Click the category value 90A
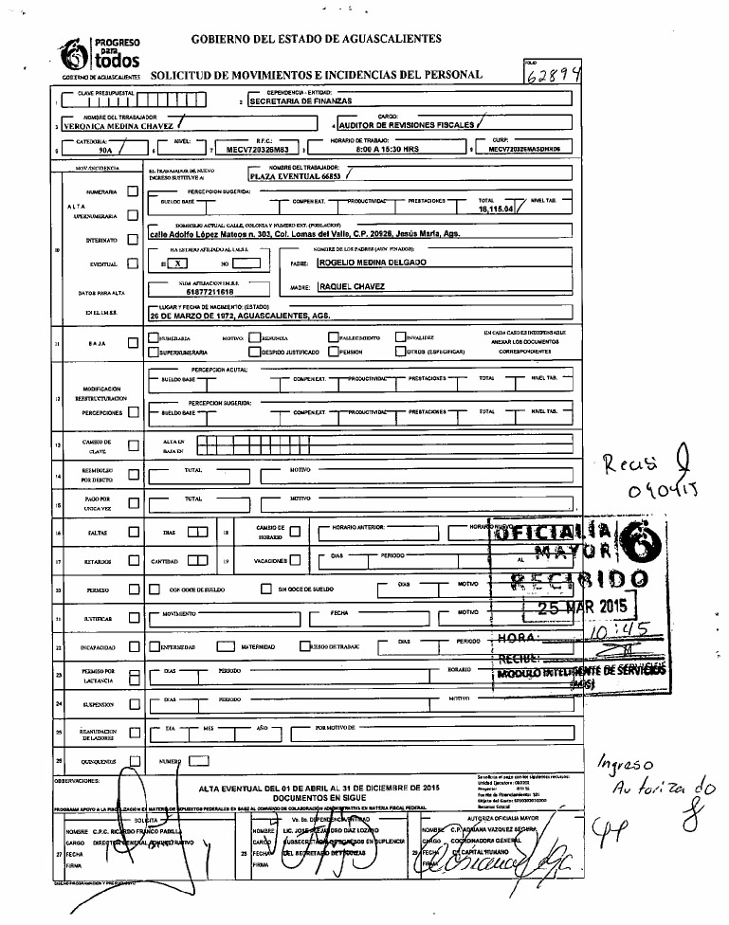click(91, 150)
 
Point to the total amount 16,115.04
click(497, 209)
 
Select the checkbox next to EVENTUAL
click(133, 263)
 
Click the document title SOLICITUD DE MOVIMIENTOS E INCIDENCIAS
click(317, 74)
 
